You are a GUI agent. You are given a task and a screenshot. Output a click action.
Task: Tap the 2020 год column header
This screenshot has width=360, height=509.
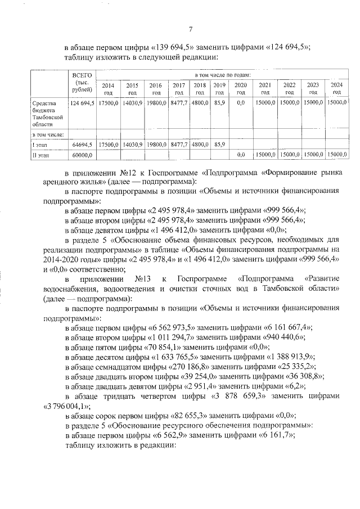click(x=241, y=88)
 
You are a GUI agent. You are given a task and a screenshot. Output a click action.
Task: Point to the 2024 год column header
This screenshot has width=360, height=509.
click(x=336, y=88)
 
